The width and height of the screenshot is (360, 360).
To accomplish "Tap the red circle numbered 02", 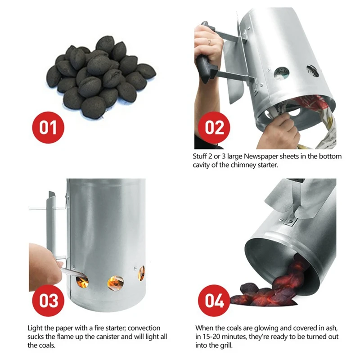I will (x=215, y=127).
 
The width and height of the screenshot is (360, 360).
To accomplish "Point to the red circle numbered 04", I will (x=215, y=301).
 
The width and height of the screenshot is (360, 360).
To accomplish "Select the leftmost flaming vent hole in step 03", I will (x=82, y=282).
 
